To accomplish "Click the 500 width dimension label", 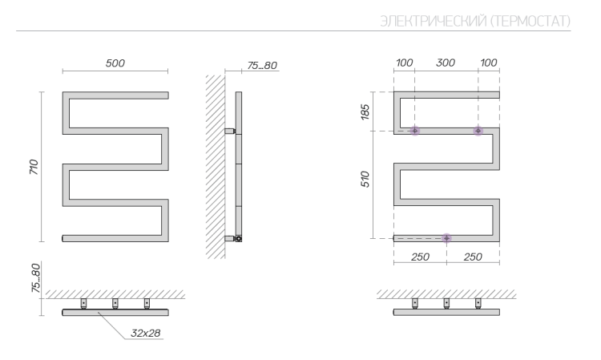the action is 115,63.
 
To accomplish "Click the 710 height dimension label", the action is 34,167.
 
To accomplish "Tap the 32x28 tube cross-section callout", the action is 145,334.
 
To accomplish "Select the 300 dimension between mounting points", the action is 446,63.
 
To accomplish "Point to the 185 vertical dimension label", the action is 365,112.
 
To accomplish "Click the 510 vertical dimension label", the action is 365,180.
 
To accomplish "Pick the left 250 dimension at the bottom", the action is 420,257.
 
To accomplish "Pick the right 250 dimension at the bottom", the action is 473,257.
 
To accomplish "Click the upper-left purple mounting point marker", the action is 415,131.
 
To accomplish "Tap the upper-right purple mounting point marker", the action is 478,131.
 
